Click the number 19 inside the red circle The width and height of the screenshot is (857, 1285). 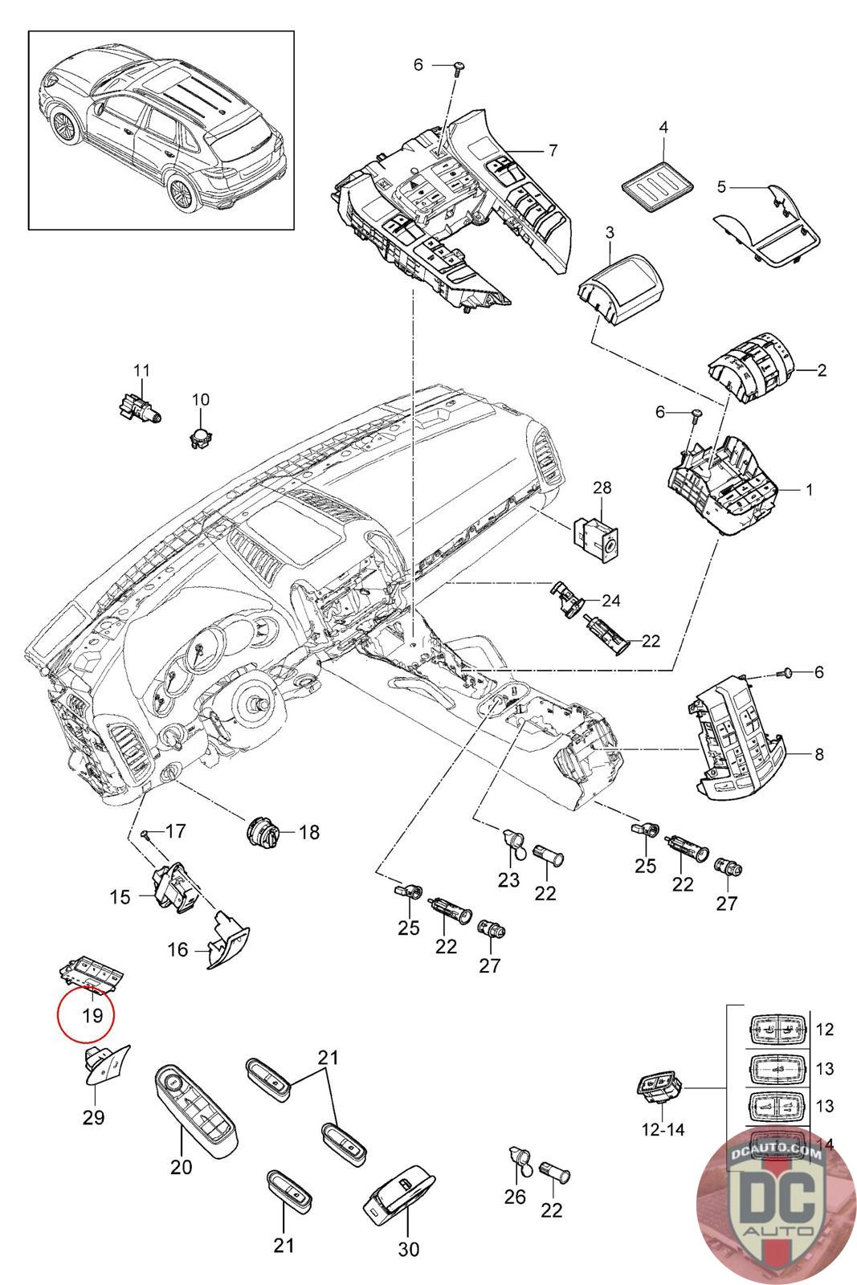(92, 1015)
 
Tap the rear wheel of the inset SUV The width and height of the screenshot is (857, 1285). (186, 194)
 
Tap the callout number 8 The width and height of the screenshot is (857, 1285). (818, 754)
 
